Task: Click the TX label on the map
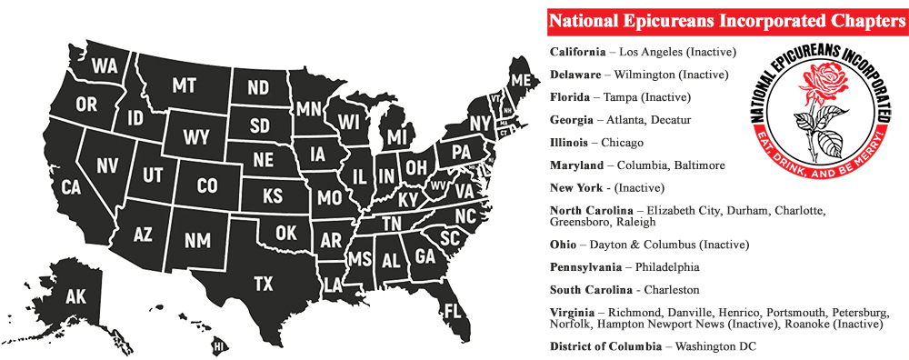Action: [263, 284]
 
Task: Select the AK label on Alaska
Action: [76, 295]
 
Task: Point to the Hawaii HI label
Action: [218, 346]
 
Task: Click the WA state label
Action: [105, 65]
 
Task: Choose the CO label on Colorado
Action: [207, 185]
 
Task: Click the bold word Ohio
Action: [564, 245]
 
